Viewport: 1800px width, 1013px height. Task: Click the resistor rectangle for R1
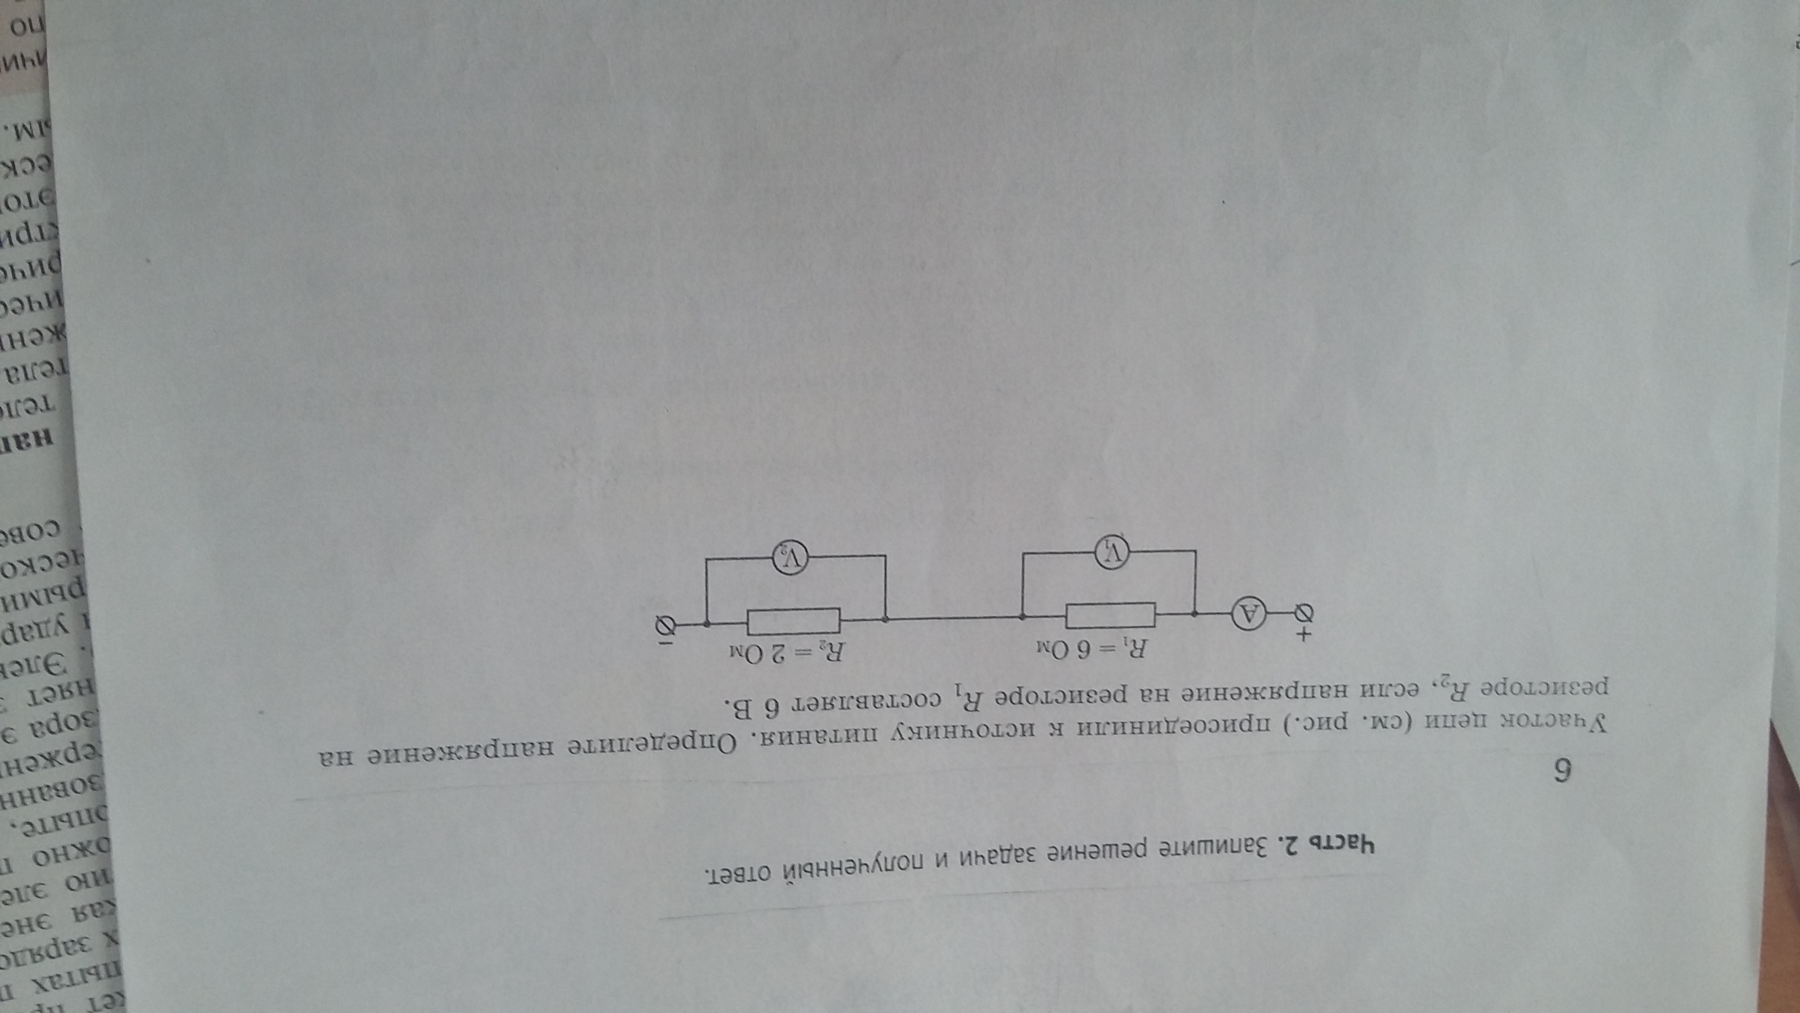[1110, 615]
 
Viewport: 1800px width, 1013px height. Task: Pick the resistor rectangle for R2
[793, 620]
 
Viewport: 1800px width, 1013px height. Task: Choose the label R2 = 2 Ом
[787, 654]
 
